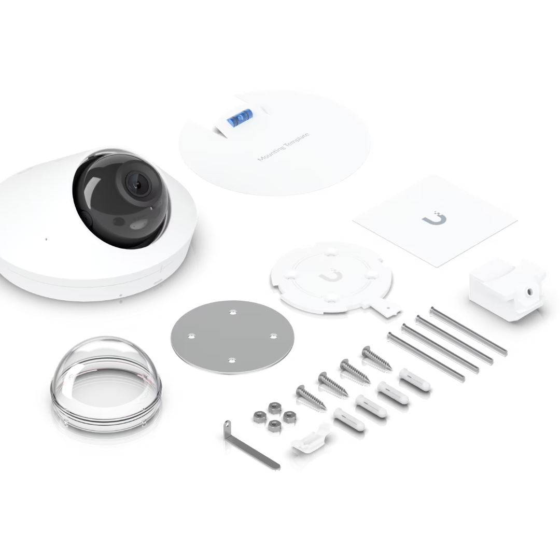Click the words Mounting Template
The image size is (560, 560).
pyautogui.click(x=283, y=147)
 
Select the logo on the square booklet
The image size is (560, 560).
pyautogui.click(x=435, y=219)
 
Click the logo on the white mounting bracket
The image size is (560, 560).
pyautogui.click(x=331, y=275)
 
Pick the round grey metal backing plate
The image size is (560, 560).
pyautogui.click(x=232, y=337)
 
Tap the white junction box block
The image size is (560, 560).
pyautogui.click(x=507, y=288)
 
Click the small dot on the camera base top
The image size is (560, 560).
pyautogui.click(x=46, y=239)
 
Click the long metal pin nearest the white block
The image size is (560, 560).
pyautogui.click(x=469, y=330)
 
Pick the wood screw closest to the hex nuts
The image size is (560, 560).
pyautogui.click(x=311, y=398)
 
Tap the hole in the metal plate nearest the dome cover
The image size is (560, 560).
pyautogui.click(x=191, y=336)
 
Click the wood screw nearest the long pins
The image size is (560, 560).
pyautogui.click(x=377, y=358)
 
